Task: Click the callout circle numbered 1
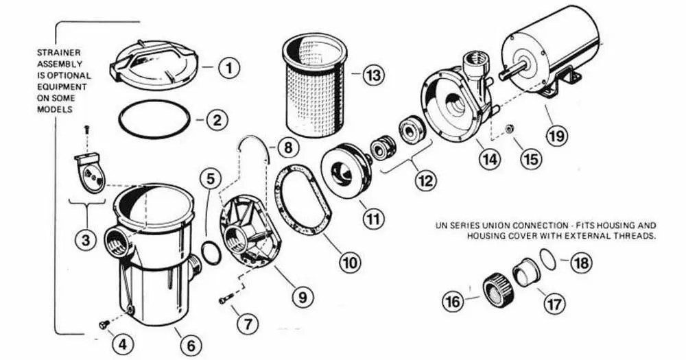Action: pyautogui.click(x=230, y=67)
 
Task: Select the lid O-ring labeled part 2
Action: pyautogui.click(x=154, y=121)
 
